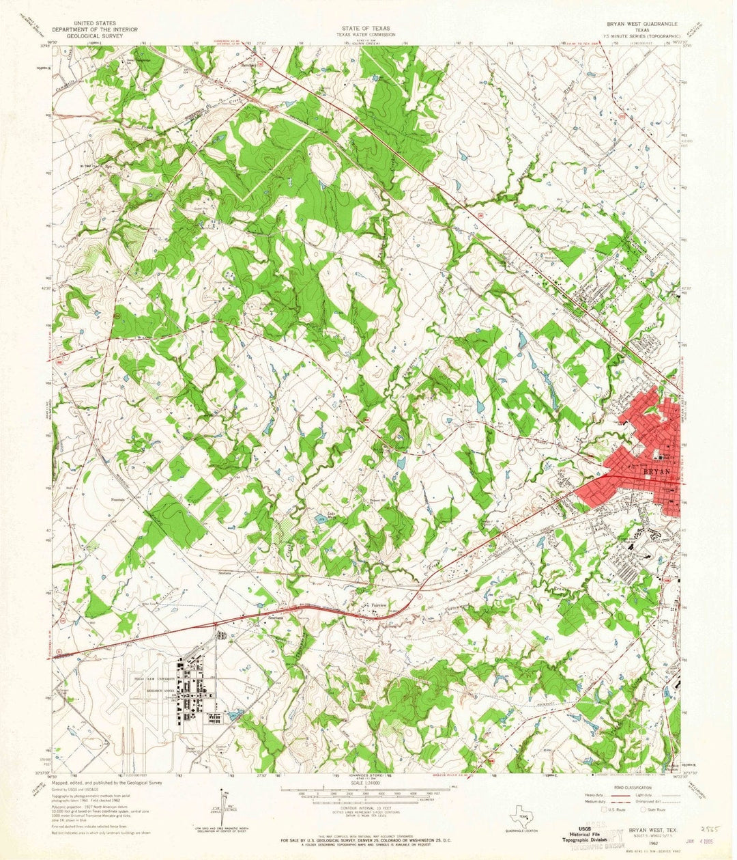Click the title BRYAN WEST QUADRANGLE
pos(637,23)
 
